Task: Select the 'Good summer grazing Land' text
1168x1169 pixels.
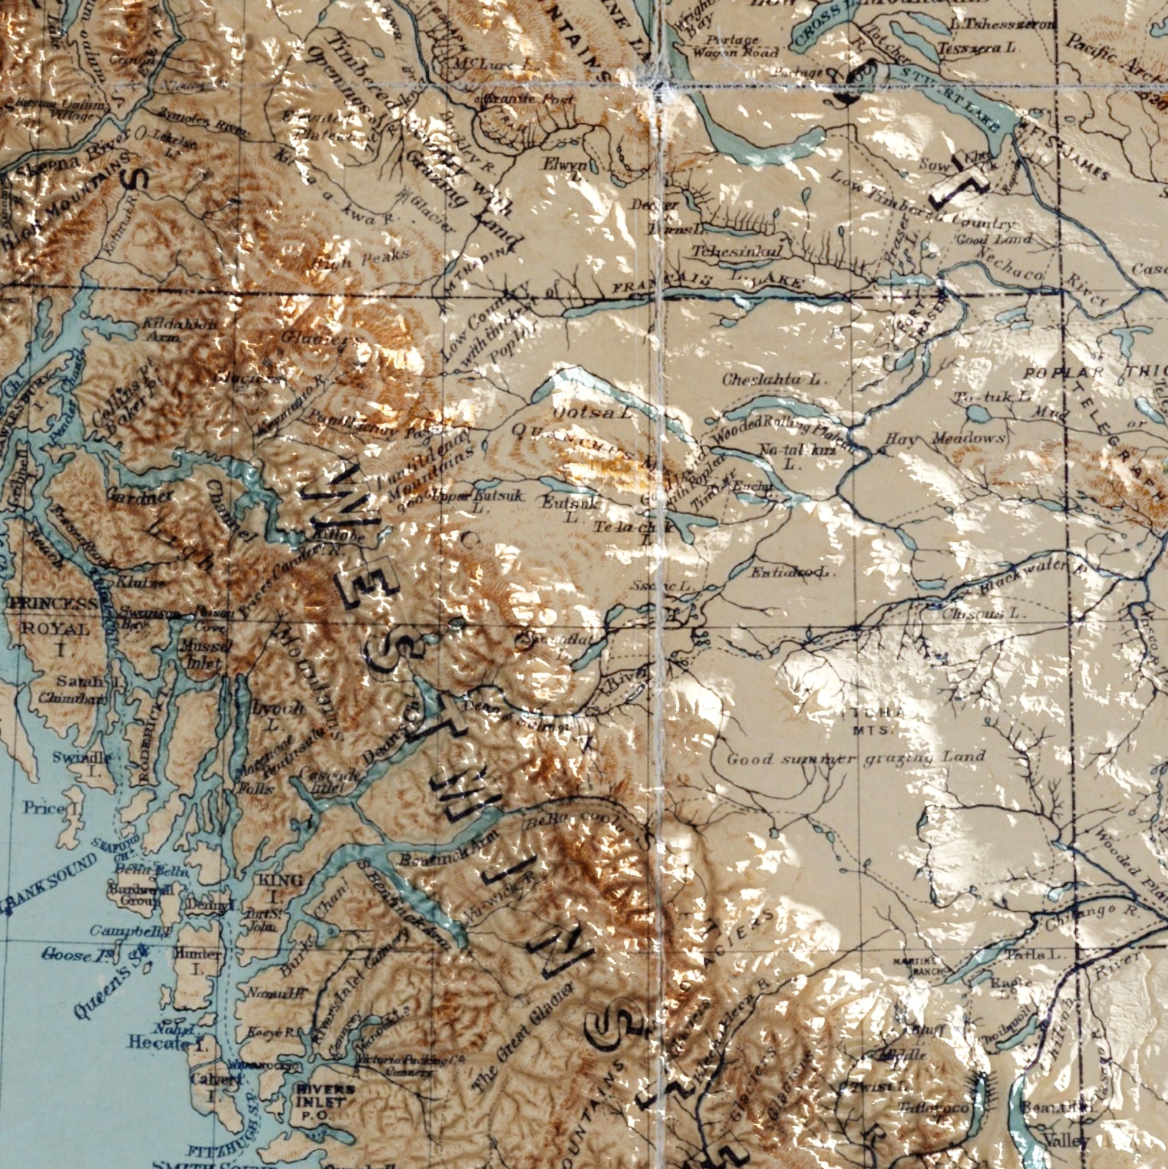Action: pos(855,758)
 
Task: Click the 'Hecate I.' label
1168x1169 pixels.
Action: pos(159,1042)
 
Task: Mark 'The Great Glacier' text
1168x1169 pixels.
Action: pos(522,1035)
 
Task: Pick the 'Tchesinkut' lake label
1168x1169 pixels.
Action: pos(736,251)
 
